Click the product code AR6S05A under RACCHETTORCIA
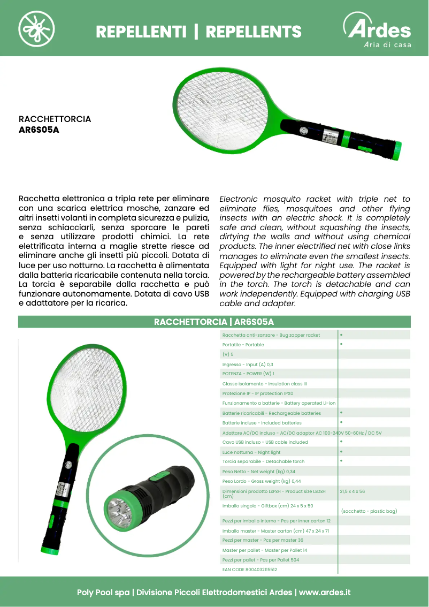(39, 129)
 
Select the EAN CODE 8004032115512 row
(250, 570)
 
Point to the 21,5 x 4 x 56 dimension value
(352, 491)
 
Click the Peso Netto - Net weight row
(258, 472)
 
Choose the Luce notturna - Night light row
(251, 452)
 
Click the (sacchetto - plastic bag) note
(369, 511)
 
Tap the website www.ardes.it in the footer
(325, 593)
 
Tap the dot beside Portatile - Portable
(341, 344)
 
